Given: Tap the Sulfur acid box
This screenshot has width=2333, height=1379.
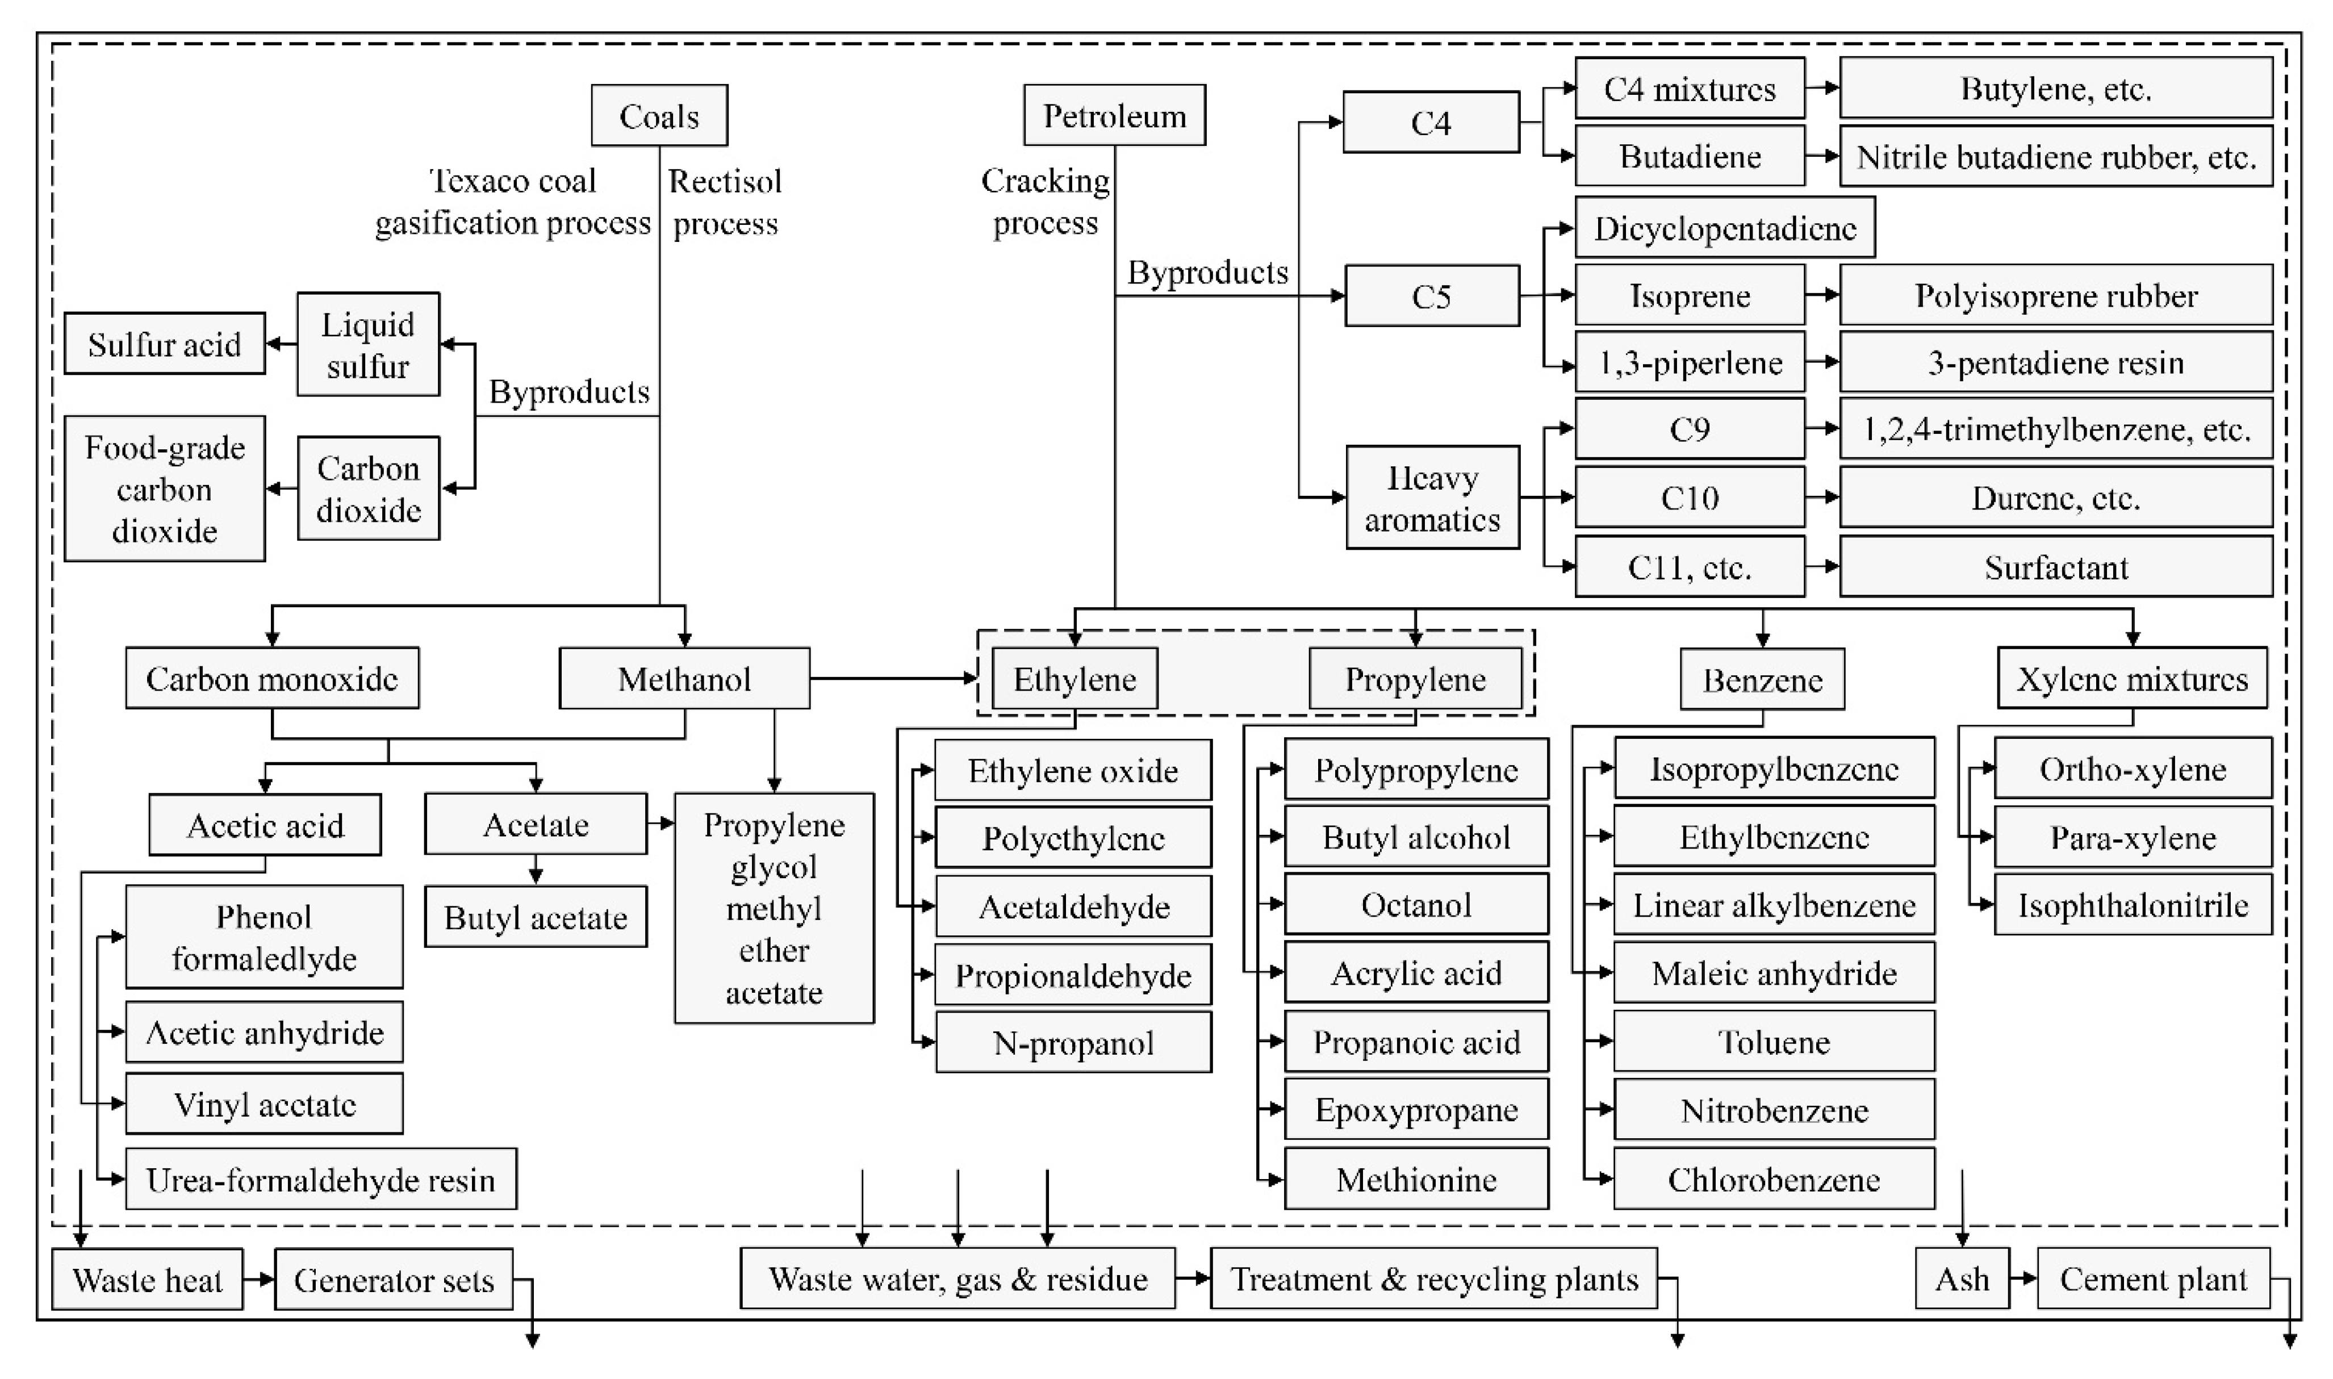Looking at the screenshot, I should click(165, 344).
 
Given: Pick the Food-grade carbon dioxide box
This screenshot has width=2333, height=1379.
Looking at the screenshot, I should click(165, 489).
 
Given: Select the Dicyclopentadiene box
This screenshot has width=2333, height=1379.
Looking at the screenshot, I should click(1724, 228).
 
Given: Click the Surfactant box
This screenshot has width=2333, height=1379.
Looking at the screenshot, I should click(2055, 567).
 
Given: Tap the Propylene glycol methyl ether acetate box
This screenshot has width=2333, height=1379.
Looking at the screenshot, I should click(774, 908).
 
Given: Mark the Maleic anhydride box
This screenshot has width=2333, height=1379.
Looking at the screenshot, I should click(1774, 973).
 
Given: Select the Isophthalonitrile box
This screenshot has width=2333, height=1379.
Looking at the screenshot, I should click(2133, 905).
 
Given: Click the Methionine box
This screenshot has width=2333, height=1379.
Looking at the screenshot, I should click(1416, 1179).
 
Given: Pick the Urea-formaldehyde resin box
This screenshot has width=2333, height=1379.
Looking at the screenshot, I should click(320, 1179).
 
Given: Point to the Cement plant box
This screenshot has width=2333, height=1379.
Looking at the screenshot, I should click(2153, 1278).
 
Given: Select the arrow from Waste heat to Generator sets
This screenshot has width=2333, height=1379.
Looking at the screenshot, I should click(259, 1280).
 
